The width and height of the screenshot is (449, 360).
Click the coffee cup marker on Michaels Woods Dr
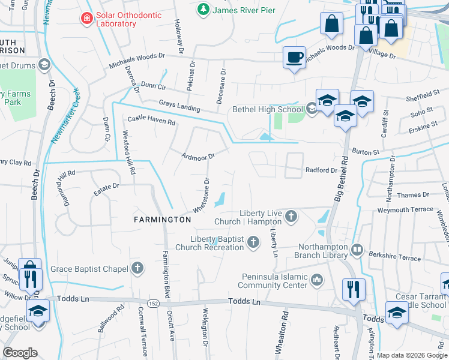click(x=294, y=58)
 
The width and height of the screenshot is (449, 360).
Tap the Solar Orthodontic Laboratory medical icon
click(x=87, y=19)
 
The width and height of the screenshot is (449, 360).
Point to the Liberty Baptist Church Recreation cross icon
click(x=253, y=242)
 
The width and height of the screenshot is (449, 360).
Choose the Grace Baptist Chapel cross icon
click(x=137, y=268)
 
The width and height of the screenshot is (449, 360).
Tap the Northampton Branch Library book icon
click(x=357, y=249)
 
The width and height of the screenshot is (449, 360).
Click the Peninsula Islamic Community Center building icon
click(x=317, y=280)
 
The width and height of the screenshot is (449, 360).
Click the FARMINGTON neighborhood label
click(x=162, y=220)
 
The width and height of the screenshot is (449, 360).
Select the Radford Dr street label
click(x=321, y=170)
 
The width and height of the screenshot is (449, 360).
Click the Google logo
click(x=20, y=353)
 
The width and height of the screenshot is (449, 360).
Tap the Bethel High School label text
click(x=268, y=109)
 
